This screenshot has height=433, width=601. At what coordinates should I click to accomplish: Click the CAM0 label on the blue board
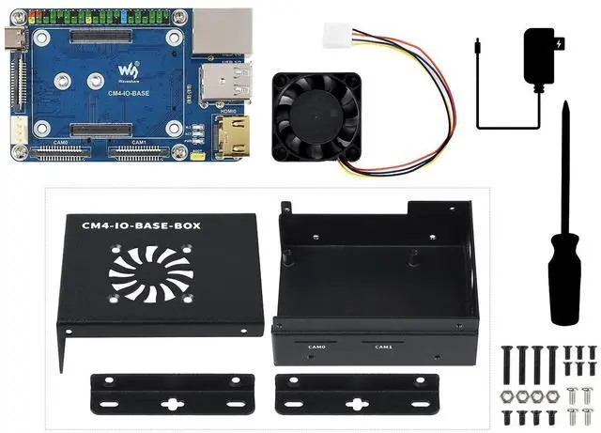(x=61, y=142)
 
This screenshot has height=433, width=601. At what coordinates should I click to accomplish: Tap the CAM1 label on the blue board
(x=139, y=142)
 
